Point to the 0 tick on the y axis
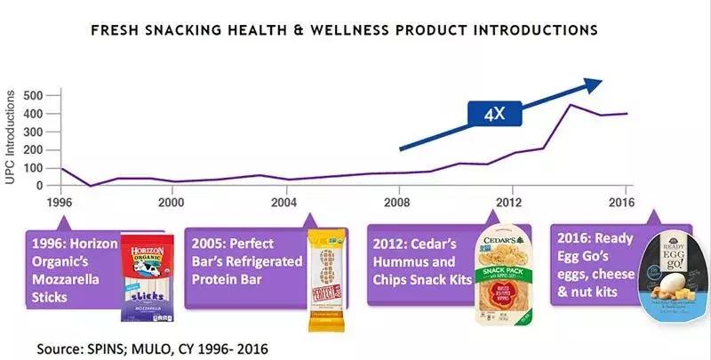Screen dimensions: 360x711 click(x=41, y=185)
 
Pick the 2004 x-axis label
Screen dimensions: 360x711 click(x=285, y=202)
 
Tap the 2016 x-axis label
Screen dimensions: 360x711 click(x=621, y=202)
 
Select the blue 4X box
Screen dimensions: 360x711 click(x=496, y=116)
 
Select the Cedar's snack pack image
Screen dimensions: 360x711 click(x=500, y=270)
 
